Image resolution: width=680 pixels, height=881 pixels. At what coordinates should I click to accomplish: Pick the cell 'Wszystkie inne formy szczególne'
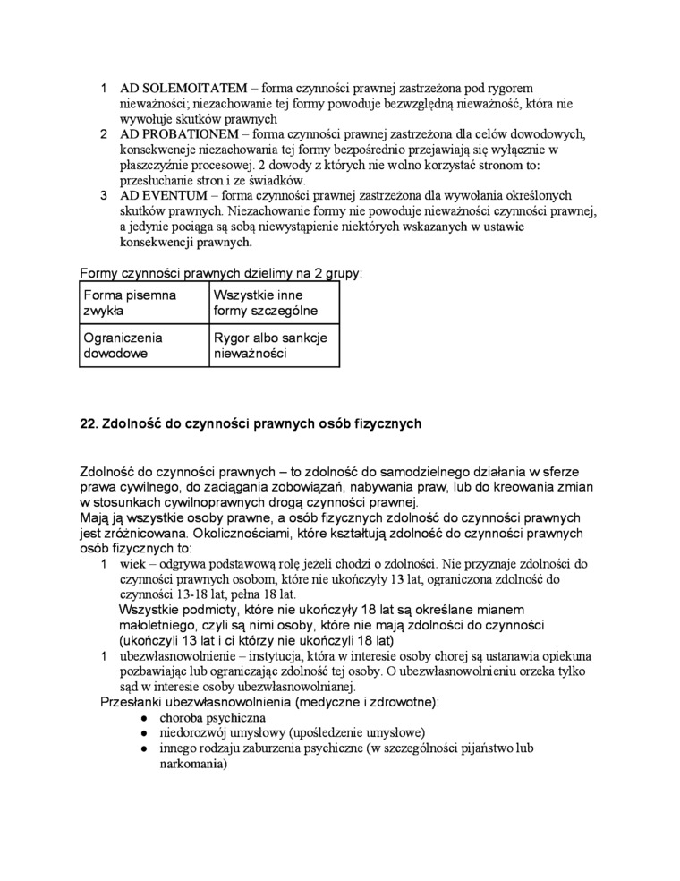pyautogui.click(x=274, y=303)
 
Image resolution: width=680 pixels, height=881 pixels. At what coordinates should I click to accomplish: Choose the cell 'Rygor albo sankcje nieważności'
pyautogui.click(x=274, y=346)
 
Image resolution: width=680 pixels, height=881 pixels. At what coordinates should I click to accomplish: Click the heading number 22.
pyautogui.click(x=89, y=423)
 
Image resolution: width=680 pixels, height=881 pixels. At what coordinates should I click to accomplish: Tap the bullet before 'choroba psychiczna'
pyautogui.click(x=144, y=718)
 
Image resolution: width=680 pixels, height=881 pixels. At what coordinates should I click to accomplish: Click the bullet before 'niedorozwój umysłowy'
pyautogui.click(x=144, y=733)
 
